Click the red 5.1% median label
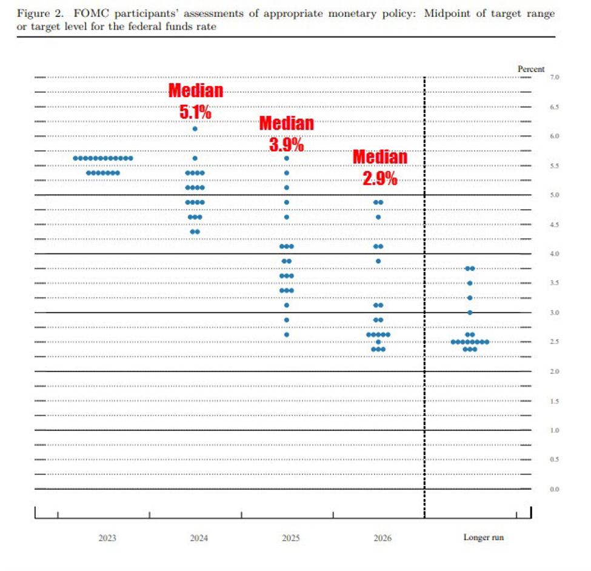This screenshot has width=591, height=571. (x=195, y=112)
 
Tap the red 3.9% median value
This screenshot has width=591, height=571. (x=286, y=145)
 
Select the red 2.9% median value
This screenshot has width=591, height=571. (x=380, y=178)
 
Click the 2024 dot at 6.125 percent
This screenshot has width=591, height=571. (x=195, y=129)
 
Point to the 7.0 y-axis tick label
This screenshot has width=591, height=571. (x=554, y=78)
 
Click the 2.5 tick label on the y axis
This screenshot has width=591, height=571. (x=554, y=342)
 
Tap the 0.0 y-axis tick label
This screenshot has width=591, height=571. (x=554, y=489)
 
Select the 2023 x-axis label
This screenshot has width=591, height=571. (x=107, y=538)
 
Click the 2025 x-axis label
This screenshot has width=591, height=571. (x=290, y=538)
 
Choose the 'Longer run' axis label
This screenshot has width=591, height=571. (x=483, y=538)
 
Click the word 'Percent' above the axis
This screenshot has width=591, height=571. (x=531, y=69)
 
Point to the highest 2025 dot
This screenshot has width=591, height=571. (x=287, y=158)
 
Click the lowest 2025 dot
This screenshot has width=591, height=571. (x=287, y=335)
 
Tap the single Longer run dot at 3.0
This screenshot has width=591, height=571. (x=470, y=313)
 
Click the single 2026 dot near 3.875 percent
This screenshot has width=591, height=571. (x=378, y=261)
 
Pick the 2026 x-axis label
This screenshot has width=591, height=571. (x=382, y=538)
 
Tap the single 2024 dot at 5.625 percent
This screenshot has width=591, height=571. (x=195, y=158)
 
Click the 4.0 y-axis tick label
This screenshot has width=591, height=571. (x=554, y=254)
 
